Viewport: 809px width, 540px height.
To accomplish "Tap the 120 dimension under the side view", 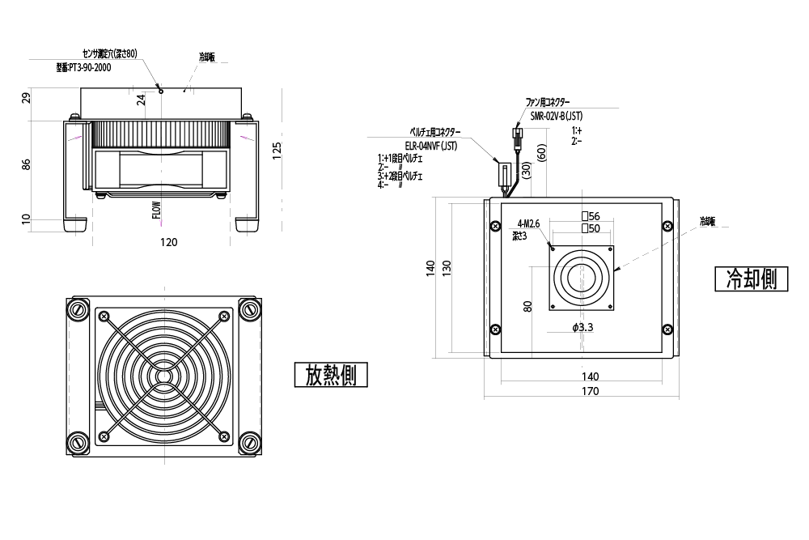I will click(x=168, y=242).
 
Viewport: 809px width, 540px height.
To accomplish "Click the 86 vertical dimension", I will click(x=26, y=164).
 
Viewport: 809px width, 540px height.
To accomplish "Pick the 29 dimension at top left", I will click(x=26, y=99).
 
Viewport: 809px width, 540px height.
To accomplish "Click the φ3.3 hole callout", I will click(x=582, y=328).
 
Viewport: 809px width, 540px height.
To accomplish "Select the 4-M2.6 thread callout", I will click(x=527, y=223).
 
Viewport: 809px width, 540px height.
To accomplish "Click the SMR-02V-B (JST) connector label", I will click(x=556, y=117).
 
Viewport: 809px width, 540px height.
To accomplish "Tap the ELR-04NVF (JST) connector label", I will click(x=431, y=147).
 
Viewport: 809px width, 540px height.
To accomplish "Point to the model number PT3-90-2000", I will click(x=83, y=68).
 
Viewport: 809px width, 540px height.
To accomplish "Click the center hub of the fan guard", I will click(x=163, y=376).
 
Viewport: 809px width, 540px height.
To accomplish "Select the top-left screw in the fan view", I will click(x=78, y=309).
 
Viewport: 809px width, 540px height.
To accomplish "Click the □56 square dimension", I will click(x=590, y=216).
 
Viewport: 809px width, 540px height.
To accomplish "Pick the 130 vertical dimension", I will click(x=447, y=266).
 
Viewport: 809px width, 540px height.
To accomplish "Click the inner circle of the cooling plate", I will click(x=581, y=278).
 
